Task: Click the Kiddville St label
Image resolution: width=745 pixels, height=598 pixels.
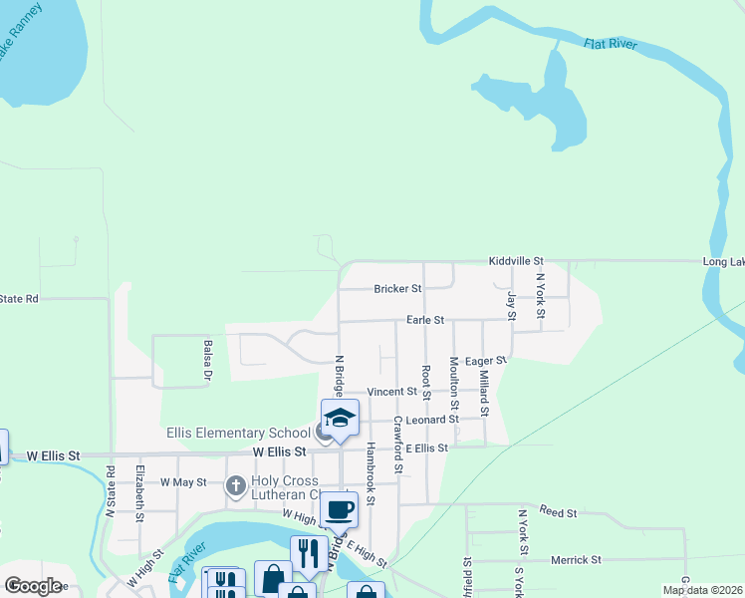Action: [x=515, y=260]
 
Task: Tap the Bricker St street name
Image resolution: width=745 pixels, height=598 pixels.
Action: [x=397, y=289]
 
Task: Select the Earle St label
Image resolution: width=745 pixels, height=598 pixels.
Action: [x=424, y=321]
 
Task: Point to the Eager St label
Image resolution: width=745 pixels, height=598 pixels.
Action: [x=486, y=361]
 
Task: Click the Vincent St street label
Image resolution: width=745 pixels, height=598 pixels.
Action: [x=390, y=393]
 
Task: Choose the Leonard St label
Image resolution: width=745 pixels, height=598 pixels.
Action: [x=431, y=420]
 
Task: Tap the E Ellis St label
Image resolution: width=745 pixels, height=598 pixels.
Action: [x=425, y=448]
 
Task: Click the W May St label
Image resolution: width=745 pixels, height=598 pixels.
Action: [x=182, y=482]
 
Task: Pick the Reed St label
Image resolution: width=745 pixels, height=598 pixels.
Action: [x=558, y=513]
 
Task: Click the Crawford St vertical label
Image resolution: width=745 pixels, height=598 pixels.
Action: [x=396, y=444]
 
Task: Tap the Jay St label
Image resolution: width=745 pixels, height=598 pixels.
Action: [x=511, y=306]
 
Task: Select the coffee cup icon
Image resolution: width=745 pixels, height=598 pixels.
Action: [x=339, y=509]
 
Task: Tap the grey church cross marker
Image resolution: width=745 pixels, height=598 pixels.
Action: [x=235, y=486]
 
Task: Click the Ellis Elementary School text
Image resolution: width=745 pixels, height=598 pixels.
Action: [x=238, y=433]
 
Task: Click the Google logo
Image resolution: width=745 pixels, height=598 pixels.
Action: [x=33, y=586]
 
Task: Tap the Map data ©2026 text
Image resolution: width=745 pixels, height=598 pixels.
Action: [x=701, y=590]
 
